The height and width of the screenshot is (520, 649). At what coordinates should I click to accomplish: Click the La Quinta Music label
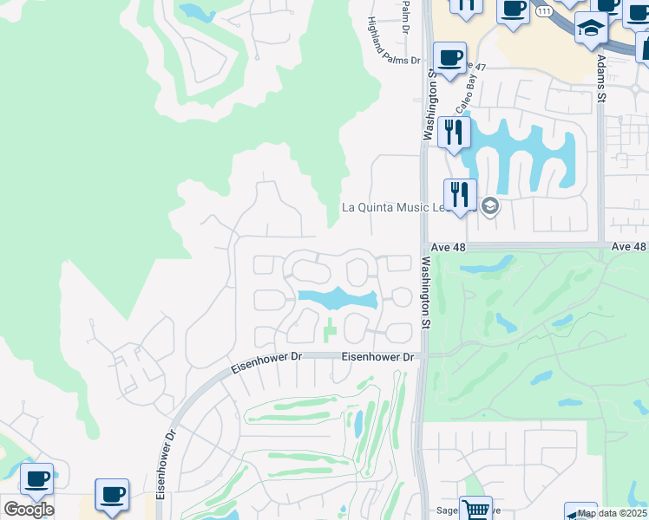click(x=391, y=207)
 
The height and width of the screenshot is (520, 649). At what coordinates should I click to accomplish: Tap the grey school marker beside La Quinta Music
click(x=489, y=206)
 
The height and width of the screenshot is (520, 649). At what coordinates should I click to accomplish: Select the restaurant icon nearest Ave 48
click(x=460, y=194)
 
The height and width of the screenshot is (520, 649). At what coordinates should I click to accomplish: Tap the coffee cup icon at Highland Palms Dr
click(x=449, y=58)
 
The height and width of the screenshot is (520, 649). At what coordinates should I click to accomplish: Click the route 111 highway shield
click(x=544, y=10)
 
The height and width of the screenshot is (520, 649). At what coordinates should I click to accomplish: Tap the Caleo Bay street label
click(x=472, y=80)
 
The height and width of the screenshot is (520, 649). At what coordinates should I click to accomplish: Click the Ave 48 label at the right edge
click(x=629, y=247)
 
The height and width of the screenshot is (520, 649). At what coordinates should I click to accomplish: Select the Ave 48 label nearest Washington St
click(x=449, y=247)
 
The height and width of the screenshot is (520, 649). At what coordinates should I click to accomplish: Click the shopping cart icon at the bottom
click(x=475, y=510)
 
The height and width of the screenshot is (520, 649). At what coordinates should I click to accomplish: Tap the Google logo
click(x=29, y=509)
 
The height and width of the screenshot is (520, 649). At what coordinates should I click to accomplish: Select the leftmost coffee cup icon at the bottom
click(x=36, y=479)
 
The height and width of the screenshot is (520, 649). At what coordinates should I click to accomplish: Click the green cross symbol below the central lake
click(x=329, y=330)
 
